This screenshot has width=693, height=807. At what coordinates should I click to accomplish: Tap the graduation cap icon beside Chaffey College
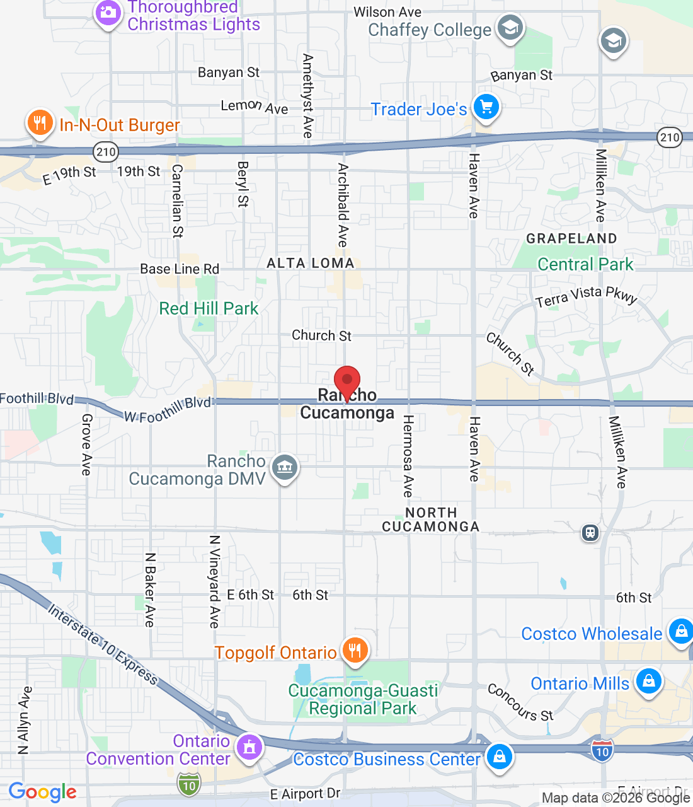510,28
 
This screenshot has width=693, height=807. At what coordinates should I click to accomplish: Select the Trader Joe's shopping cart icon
486,108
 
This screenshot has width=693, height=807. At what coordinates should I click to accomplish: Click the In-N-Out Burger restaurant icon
40,123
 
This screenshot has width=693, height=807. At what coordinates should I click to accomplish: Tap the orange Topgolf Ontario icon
355,651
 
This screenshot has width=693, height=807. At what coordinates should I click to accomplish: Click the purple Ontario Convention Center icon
249,748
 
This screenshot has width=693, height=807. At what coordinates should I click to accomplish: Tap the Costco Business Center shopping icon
499,757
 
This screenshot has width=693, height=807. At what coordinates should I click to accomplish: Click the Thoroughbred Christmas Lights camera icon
108,13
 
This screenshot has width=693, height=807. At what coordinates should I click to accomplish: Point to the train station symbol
590,533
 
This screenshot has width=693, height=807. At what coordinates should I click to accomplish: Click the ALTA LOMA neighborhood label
311,263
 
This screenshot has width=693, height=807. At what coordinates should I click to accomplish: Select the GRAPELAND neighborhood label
571,238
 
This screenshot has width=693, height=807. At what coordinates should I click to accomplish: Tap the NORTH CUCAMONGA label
431,520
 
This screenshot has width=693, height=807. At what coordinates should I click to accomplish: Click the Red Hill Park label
209,308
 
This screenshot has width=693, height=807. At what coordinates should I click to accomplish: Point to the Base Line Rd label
180,269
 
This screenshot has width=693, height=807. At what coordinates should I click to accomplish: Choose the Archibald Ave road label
343,205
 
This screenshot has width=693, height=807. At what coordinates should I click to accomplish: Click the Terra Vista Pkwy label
587,296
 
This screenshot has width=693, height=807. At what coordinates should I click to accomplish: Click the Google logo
43,792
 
